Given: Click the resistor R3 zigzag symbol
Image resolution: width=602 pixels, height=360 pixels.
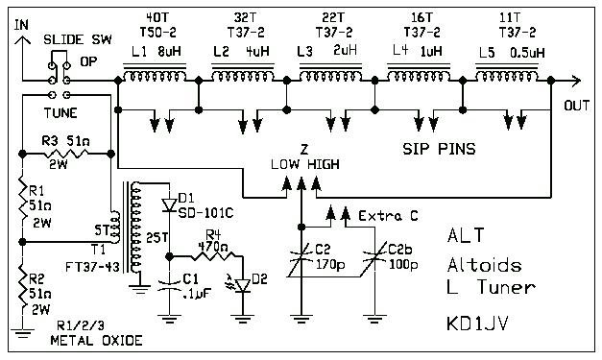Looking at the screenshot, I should pyautogui.click(x=67, y=153).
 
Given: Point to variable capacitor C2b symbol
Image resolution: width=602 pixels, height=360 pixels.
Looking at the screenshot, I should pyautogui.click(x=373, y=256).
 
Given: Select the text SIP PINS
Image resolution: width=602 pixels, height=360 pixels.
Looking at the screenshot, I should pyautogui.click(x=438, y=151).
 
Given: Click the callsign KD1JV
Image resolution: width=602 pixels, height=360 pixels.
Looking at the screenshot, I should pyautogui.click(x=479, y=324).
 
